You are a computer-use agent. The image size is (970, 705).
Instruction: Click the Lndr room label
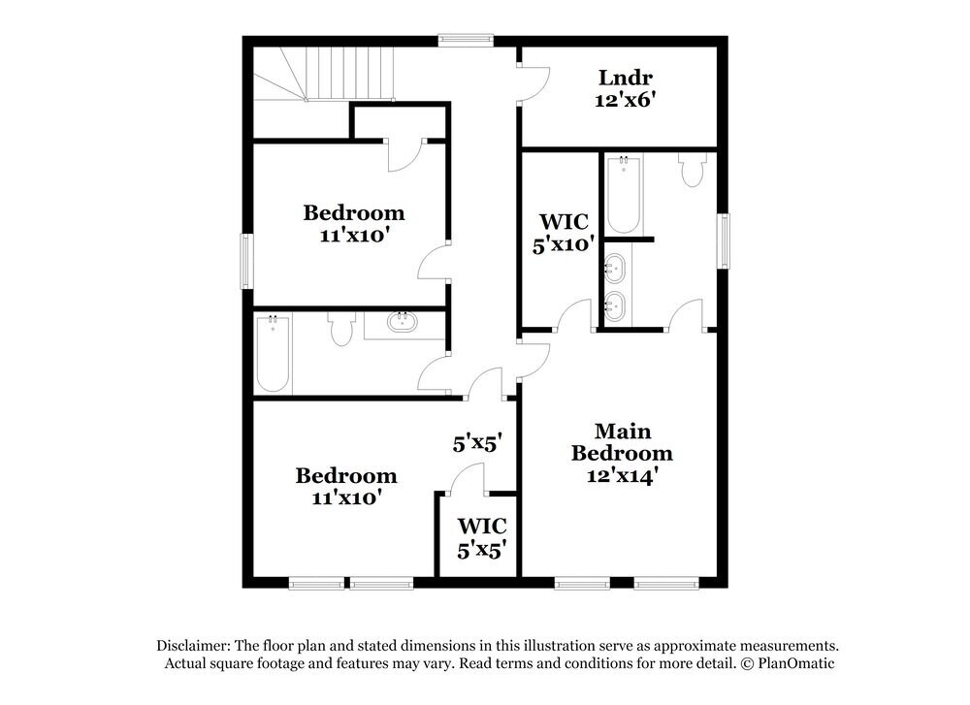point(626,78)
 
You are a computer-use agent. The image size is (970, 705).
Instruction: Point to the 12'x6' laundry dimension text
point(626,99)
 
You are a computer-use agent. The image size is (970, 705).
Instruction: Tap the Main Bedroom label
point(622,442)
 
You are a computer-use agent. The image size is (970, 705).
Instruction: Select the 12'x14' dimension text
point(622,475)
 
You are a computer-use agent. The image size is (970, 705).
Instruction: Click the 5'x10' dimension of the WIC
point(564,244)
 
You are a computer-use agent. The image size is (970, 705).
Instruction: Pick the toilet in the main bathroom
point(693,170)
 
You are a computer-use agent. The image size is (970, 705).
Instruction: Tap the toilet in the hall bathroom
point(339,329)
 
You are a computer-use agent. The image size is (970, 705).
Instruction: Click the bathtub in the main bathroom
point(624,194)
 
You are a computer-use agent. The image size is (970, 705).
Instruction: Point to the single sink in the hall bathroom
point(400,322)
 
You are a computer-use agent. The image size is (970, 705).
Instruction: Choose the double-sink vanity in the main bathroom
point(614,285)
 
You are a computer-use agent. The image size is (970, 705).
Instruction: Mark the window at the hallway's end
point(466,40)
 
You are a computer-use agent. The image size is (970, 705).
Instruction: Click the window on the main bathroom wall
point(724,240)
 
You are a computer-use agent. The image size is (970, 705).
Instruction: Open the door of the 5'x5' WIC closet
point(469,480)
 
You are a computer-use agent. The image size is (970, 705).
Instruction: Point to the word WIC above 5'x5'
point(482,526)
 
